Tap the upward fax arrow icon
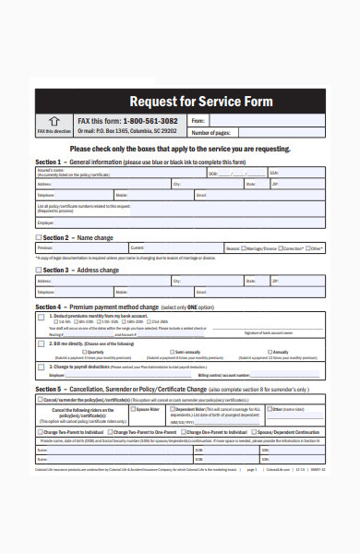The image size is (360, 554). coord(54,120)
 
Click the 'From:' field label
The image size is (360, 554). coord(198,121)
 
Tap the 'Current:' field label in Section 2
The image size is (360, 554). coord(137,248)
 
